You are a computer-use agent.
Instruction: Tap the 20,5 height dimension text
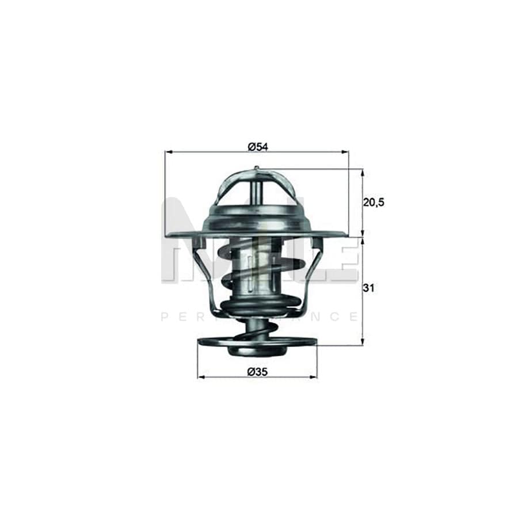tap(374, 202)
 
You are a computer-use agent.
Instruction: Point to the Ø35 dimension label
tap(257, 372)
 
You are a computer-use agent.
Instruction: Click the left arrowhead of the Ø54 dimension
tap(168, 152)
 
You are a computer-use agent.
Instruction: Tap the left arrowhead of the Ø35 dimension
tap(200, 378)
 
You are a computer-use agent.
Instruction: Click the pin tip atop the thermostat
tap(256, 169)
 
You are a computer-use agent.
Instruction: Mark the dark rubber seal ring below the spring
tap(257, 306)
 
